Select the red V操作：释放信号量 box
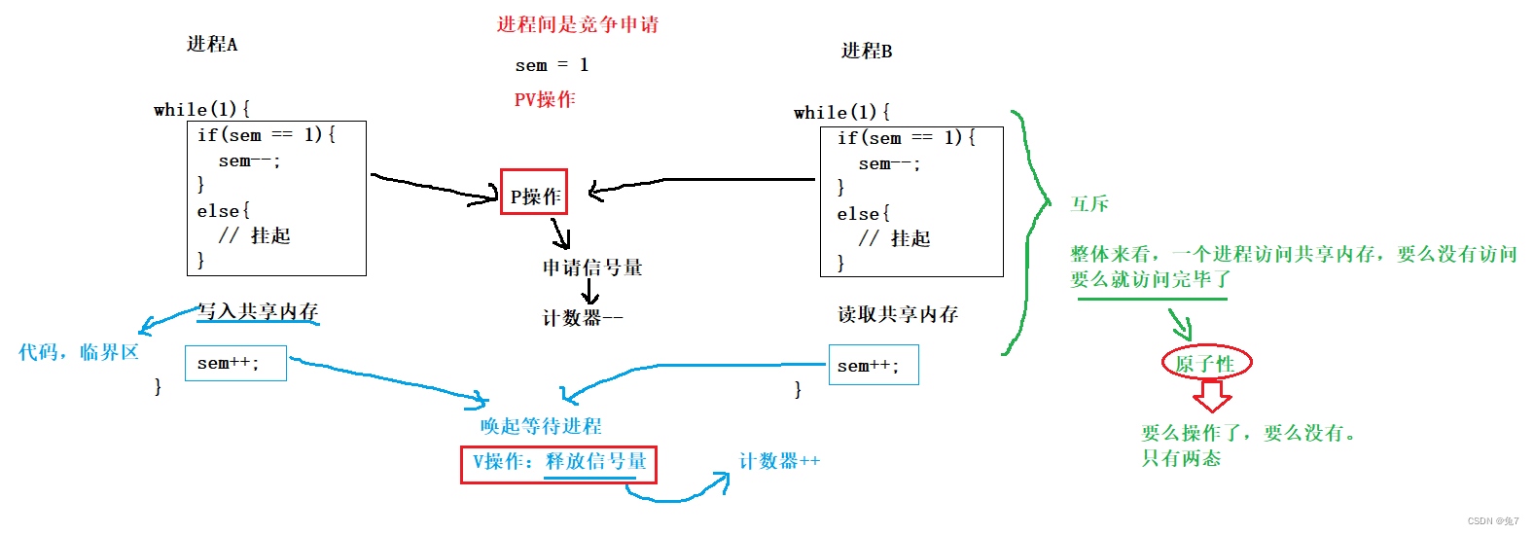tap(558, 464)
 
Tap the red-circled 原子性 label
tap(1206, 363)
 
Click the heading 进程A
tap(212, 44)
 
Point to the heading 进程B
tap(866, 51)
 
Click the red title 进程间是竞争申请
tap(578, 24)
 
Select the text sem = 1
tap(552, 65)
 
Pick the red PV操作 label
tap(545, 99)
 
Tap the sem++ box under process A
tap(235, 363)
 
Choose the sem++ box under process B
tap(873, 366)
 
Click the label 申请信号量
tap(592, 267)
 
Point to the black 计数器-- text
tap(582, 318)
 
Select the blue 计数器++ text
tap(779, 461)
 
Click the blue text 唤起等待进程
tap(541, 426)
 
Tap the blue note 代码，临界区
tap(79, 352)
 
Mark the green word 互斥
tap(1089, 203)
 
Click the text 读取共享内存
tap(898, 314)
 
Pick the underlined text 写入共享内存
tap(258, 311)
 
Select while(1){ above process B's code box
tap(841, 113)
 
